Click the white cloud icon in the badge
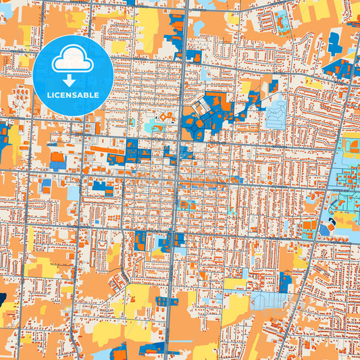(73, 59)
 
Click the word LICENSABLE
(73, 95)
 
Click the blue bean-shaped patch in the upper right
(335, 43)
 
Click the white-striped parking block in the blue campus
(203, 105)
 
